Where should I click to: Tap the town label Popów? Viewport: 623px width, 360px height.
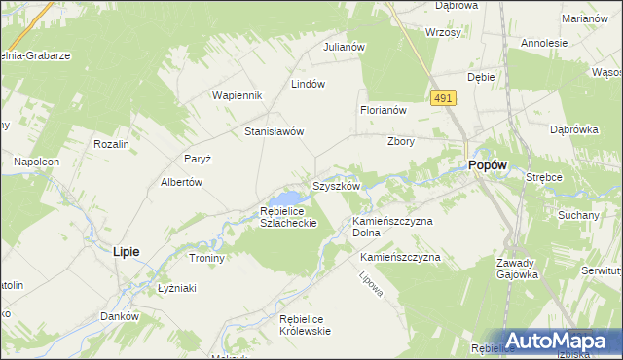[487, 166]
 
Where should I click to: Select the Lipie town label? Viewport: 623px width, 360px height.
[126, 251]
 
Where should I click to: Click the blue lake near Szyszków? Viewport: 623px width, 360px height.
[295, 198]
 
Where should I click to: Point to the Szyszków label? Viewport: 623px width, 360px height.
[337, 185]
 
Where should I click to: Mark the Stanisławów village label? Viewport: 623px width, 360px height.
[275, 131]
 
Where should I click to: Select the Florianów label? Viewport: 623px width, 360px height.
[383, 111]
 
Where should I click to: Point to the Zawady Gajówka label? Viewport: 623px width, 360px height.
[516, 269]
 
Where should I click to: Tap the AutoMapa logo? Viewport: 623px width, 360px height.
[556, 341]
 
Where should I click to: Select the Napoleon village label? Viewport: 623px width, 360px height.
[36, 161]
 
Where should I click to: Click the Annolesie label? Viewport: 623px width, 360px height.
[544, 43]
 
